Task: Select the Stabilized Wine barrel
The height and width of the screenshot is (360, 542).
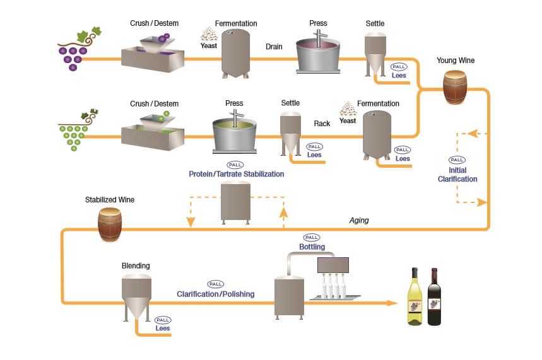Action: pos(110,224)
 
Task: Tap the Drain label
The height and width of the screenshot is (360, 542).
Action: pos(274,47)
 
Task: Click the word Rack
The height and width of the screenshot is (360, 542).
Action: pos(322,124)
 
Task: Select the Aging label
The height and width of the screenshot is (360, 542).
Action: pos(359,220)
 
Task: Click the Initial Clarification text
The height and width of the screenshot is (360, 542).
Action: pos(457,175)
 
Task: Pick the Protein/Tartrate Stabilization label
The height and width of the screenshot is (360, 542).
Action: pos(236,174)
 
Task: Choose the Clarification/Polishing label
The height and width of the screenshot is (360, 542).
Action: pos(216,294)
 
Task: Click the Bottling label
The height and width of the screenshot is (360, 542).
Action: pos(312,247)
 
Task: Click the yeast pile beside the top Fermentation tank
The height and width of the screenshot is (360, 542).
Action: pos(209,34)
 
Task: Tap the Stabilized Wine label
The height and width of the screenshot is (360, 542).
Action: pos(110,200)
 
